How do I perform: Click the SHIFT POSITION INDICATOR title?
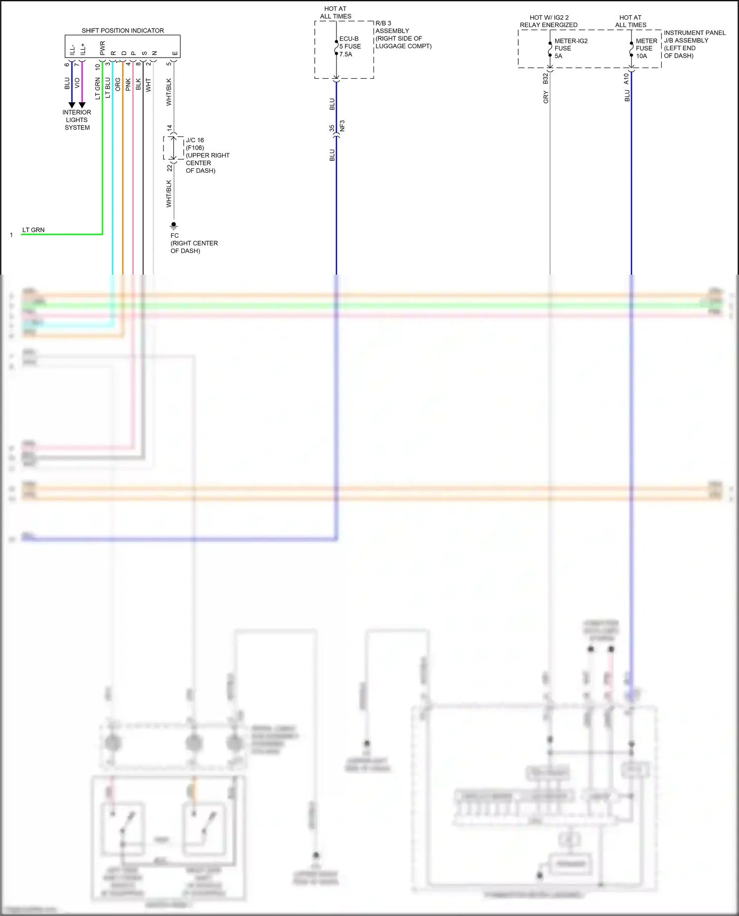[123, 31]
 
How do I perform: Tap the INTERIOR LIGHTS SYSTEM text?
[77, 120]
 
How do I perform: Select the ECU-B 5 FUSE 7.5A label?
[350, 46]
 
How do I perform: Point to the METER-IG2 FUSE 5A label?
[571, 48]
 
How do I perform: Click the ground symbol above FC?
[173, 225]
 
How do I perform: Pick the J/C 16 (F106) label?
[195, 144]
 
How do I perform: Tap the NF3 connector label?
[342, 126]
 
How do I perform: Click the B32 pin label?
[545, 79]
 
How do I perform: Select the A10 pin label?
[627, 79]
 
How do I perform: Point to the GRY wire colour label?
[546, 97]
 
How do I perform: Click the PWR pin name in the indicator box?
[102, 48]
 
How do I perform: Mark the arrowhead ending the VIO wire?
[82, 105]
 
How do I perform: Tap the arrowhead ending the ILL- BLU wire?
[72, 105]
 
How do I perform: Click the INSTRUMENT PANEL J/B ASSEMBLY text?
[694, 37]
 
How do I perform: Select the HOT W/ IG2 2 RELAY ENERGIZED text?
[549, 21]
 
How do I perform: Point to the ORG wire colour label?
[118, 85]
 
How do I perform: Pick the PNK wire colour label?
[128, 85]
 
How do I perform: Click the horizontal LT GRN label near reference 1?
[34, 230]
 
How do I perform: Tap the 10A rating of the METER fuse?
[641, 56]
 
